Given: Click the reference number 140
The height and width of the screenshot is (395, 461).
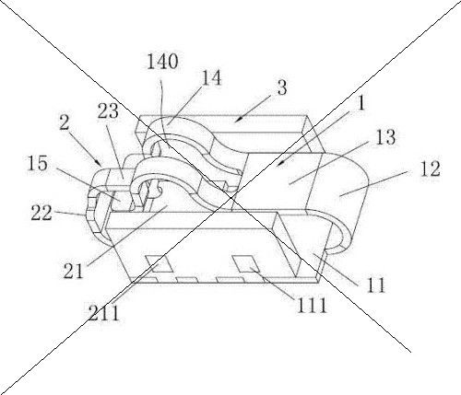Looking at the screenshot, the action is (x=162, y=62).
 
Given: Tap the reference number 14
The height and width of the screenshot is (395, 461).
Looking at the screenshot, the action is (x=211, y=78).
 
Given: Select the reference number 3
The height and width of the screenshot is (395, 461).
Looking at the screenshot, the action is (x=281, y=87).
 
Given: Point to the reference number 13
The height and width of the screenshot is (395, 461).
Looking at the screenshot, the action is (x=385, y=137).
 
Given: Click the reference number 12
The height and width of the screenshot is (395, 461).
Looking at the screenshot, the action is (x=430, y=168).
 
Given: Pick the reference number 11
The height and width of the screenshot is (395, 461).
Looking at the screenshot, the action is (x=376, y=285).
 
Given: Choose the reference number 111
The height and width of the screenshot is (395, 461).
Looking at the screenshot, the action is (x=311, y=305).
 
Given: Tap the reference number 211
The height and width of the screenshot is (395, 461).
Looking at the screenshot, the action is (x=103, y=313).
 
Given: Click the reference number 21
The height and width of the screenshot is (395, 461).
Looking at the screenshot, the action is (x=73, y=271).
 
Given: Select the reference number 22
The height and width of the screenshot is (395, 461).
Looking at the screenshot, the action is (x=41, y=213).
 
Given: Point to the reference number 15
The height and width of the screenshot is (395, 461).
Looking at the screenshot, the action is (x=38, y=163).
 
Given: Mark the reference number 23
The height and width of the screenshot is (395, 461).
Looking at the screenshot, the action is (x=108, y=110).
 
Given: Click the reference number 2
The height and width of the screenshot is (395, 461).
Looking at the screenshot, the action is (x=65, y=123).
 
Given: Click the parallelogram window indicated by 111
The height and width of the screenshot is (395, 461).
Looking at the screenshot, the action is (x=246, y=264).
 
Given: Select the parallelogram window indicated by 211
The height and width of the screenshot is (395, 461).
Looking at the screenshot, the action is (x=160, y=263).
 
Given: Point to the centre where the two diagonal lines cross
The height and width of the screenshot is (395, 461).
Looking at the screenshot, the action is (x=230, y=197).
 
